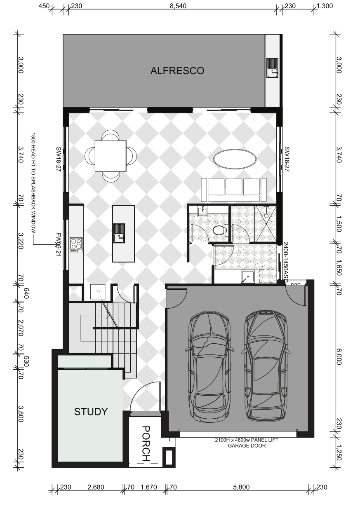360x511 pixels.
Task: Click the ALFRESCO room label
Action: pos(177,71)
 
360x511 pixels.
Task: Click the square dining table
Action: pos(111,156)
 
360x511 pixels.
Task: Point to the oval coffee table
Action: pos(235,159)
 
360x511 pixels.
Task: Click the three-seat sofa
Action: pos(234,190)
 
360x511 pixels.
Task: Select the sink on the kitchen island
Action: pos(119,233)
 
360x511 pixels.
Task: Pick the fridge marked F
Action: pos(98,291)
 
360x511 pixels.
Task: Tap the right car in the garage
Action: pos(266,365)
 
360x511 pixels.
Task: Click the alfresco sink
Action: pos(273,68)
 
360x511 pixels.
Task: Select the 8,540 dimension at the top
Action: pos(178,6)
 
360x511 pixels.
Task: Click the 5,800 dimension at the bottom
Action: pos(241,487)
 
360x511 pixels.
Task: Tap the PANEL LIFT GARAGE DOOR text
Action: pos(247,443)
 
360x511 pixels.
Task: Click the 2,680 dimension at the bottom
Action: pos(96,487)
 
